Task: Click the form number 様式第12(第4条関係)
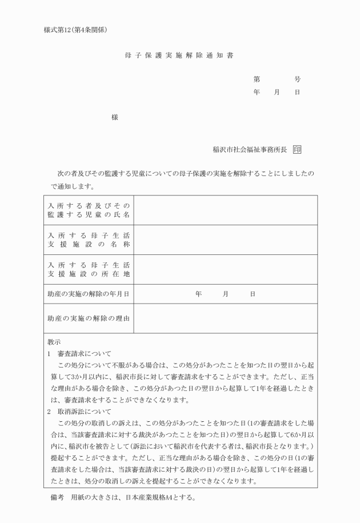click(75, 29)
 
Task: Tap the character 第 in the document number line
click(257, 79)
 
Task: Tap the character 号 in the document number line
click(297, 79)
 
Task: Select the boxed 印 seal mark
click(297, 150)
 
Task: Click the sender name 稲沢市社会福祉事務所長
click(249, 150)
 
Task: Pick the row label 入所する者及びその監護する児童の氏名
click(89, 210)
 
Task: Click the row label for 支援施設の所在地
click(89, 269)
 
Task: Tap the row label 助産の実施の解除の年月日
click(89, 294)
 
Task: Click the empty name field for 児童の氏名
click(226, 210)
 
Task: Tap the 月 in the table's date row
click(226, 294)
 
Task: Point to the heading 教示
click(54, 342)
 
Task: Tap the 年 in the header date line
click(257, 92)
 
